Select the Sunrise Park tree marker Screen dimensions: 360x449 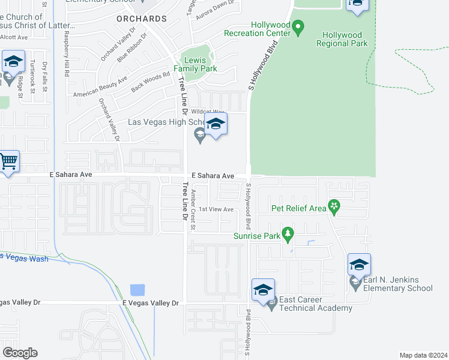click(x=288, y=233)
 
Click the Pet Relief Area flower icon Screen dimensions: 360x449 click(x=334, y=208)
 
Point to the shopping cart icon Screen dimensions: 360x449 click(x=8, y=161)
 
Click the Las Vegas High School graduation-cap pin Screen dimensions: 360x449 click(x=215, y=125)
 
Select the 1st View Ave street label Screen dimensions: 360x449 click(x=216, y=209)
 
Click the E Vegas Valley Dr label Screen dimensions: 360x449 click(x=151, y=304)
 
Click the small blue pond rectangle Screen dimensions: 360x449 click(x=137, y=290)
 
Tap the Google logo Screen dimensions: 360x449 click(x=20, y=353)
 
